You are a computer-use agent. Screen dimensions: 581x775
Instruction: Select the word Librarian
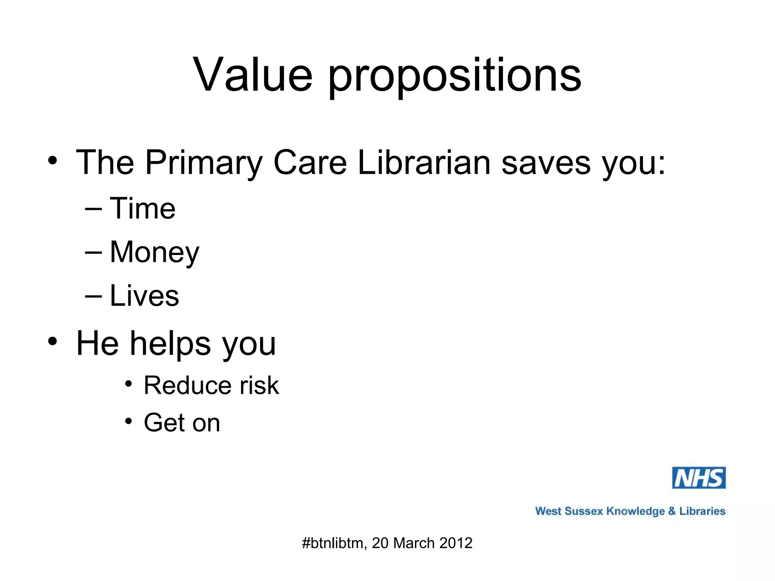coord(424,163)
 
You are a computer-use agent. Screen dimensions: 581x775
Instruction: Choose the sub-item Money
coord(154,253)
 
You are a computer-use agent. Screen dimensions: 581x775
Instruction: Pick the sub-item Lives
coord(144,296)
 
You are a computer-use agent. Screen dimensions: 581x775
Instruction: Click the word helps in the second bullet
coord(171,344)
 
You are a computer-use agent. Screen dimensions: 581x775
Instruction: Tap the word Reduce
coord(187,386)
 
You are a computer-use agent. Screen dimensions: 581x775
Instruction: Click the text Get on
coord(182,423)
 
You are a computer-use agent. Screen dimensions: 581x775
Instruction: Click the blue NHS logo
coord(699,478)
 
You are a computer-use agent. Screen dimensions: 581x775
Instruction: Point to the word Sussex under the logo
coord(583,511)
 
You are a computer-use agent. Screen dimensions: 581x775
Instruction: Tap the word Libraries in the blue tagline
coord(702,511)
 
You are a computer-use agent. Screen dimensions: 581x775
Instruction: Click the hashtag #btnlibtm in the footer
coord(333,543)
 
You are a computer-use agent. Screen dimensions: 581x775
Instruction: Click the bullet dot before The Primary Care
coord(53,160)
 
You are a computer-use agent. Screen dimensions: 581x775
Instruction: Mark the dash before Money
coord(93,252)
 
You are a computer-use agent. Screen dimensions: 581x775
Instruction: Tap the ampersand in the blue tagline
coord(672,511)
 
